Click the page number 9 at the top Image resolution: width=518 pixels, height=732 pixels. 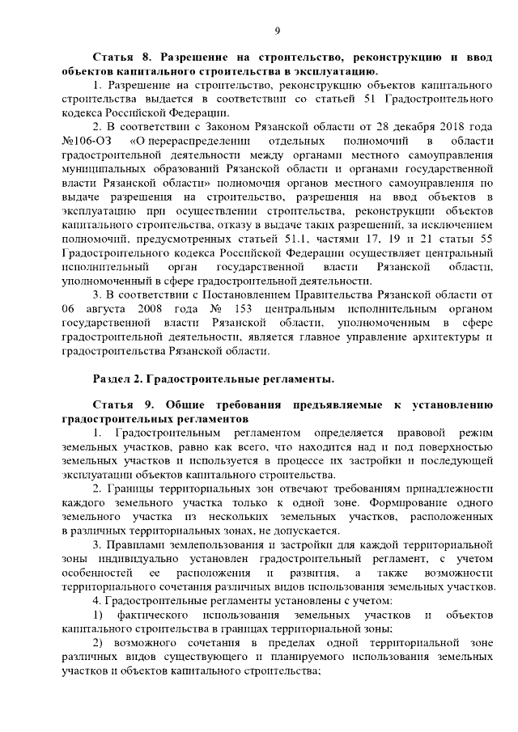(277, 31)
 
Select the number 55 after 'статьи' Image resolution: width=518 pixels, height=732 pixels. (485, 239)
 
